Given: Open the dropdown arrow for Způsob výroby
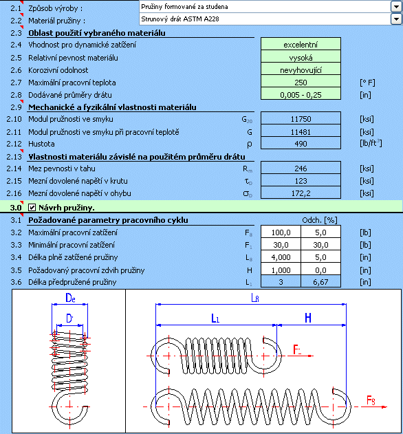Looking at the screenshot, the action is click(396, 7).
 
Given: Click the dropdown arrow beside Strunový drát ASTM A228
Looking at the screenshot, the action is click(396, 19).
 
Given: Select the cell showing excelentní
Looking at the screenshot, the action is click(301, 44).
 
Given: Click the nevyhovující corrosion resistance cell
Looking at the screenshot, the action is click(301, 69).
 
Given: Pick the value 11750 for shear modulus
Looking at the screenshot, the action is click(301, 118).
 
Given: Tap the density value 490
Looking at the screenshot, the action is click(301, 143).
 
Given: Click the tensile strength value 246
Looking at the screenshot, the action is click(301, 168).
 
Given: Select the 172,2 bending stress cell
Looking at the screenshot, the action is click(301, 193).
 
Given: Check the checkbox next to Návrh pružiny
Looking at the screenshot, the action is click(32, 207).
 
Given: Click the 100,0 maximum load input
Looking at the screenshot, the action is click(281, 232).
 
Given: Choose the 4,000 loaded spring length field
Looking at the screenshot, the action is click(281, 257).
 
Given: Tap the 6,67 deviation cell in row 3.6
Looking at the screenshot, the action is click(320, 281).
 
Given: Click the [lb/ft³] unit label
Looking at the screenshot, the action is click(371, 143).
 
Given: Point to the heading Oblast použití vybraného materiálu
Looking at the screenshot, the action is click(97, 33).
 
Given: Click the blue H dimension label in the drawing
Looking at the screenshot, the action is click(308, 318).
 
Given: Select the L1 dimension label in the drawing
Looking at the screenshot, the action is click(215, 318).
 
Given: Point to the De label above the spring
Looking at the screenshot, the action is click(70, 298).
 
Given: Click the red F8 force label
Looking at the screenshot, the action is click(371, 400).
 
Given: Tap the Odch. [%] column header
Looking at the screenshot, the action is click(320, 220).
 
